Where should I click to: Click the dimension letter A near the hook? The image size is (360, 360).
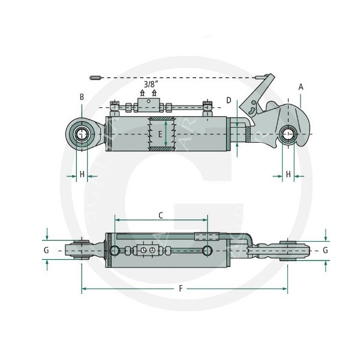pos(301,86)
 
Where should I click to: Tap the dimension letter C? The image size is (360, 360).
pos(160,214)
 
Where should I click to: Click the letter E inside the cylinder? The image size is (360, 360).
pos(160,135)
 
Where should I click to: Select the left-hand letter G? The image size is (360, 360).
pos(46,249)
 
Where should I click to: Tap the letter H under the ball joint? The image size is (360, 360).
pos(82,174)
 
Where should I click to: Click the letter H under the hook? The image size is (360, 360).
pos(289,174)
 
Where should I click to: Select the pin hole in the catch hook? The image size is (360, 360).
pos(289,134)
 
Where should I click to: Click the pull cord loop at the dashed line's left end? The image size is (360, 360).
pos(95,78)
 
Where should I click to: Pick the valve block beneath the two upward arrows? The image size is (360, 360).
pos(148,106)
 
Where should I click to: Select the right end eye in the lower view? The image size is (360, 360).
pos(289,249)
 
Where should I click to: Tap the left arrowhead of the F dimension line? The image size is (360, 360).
pos(83,290)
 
